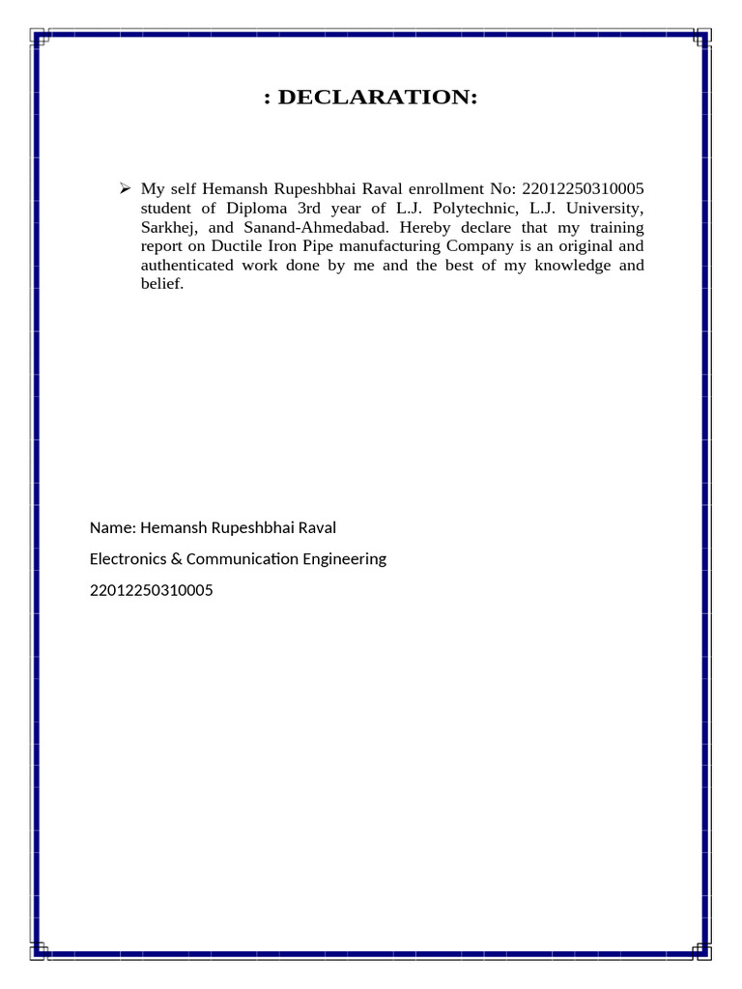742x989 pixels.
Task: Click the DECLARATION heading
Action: [371, 98]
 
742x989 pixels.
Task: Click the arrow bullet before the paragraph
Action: [124, 187]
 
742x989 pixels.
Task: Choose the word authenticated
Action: [190, 266]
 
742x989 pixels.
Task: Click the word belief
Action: [161, 285]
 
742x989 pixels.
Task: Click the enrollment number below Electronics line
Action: [151, 589]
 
